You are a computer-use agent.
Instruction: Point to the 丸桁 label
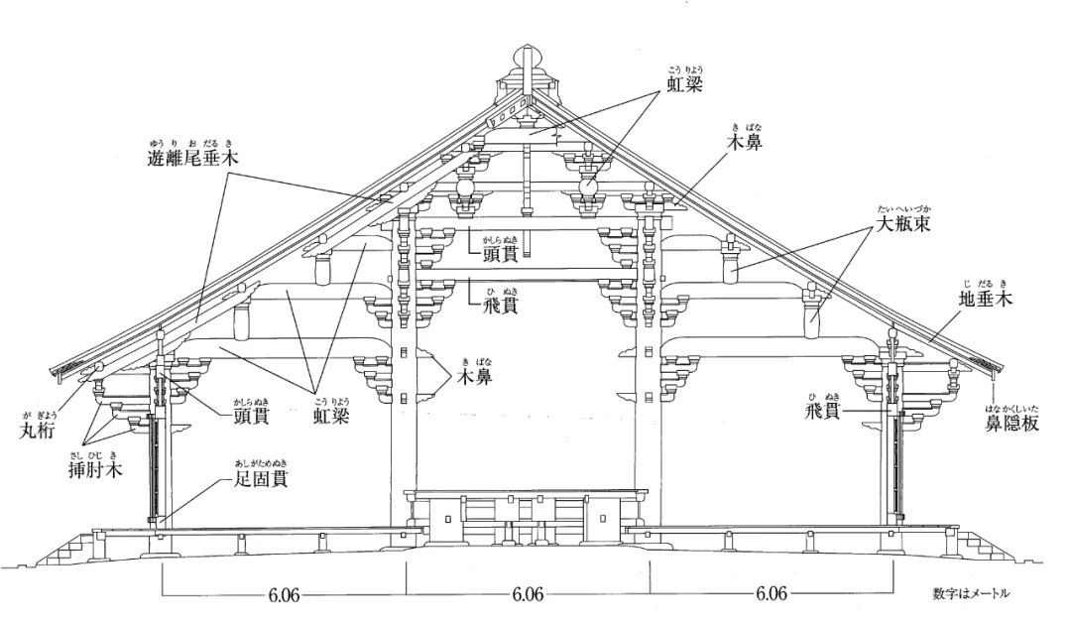click(38, 430)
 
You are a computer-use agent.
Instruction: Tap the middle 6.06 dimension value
click(528, 595)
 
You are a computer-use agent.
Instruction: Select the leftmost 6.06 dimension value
click(284, 595)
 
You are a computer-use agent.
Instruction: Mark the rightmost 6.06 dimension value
click(772, 595)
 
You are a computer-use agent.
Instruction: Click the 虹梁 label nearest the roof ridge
click(684, 85)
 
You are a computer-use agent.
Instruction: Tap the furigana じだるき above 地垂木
click(986, 282)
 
